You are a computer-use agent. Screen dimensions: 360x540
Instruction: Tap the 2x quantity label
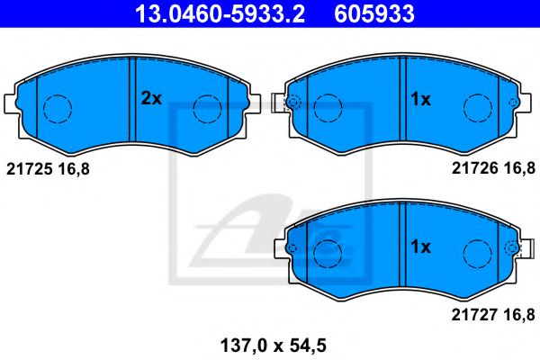point(150,99)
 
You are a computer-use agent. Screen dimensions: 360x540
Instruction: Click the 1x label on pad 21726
point(420,100)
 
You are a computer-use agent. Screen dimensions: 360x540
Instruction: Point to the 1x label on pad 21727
point(420,246)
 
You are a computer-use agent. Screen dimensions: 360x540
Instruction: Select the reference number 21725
point(29,168)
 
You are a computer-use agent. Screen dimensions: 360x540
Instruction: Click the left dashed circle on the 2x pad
point(58,109)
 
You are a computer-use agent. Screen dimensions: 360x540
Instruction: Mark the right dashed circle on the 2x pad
point(208,109)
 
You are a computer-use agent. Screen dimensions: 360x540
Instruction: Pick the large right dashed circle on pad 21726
point(476,109)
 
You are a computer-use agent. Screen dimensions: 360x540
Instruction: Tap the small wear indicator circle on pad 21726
point(292,102)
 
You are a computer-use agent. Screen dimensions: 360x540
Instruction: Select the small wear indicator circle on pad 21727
point(512,248)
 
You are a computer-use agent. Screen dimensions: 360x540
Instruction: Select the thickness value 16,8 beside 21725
point(74,168)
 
